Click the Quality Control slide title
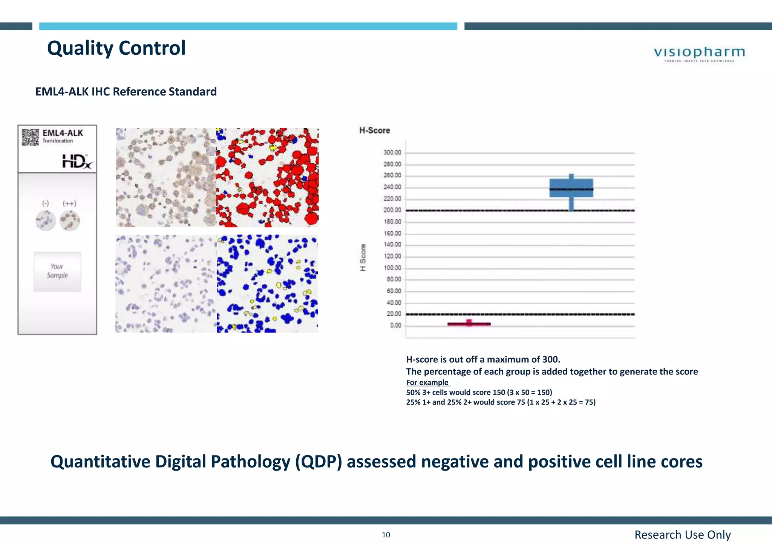[x=116, y=48]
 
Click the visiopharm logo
[x=699, y=54]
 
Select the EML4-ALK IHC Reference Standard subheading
[x=126, y=92]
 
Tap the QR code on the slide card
[x=30, y=137]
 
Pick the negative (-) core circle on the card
[x=46, y=221]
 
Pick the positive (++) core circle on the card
[x=70, y=220]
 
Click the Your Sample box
[x=57, y=271]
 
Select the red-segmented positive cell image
[x=267, y=178]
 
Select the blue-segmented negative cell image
[x=267, y=284]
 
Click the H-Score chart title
[x=374, y=130]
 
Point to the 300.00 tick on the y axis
[x=392, y=153]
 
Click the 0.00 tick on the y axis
[x=395, y=325]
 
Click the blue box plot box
[x=571, y=188]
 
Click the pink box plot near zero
[x=469, y=324]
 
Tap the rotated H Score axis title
[x=363, y=257]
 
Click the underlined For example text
[x=427, y=382]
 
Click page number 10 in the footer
[x=386, y=535]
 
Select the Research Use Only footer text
[x=682, y=535]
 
